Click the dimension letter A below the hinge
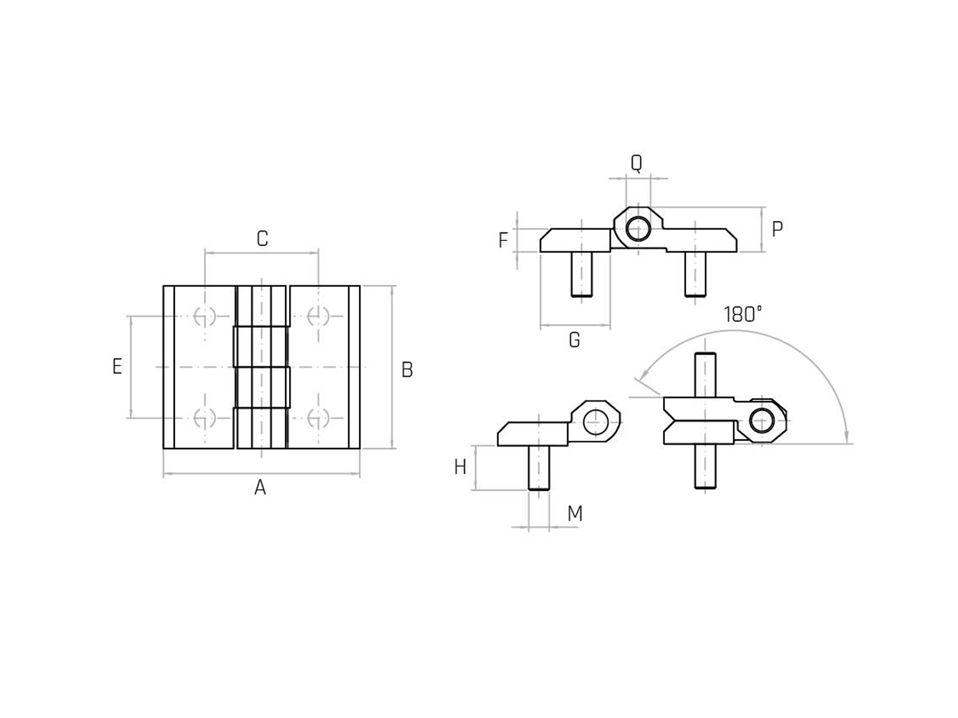[x=260, y=488]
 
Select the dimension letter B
[x=407, y=370]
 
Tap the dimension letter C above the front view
[x=262, y=238]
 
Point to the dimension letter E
[x=117, y=367]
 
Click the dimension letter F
[x=503, y=240]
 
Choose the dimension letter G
[x=575, y=340]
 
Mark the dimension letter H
[x=460, y=468]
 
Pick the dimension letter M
[x=575, y=513]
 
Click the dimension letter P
[x=777, y=229]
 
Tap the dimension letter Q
[x=636, y=163]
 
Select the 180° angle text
[x=742, y=314]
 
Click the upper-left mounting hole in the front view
[x=205, y=316]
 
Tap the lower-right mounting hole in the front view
[x=318, y=418]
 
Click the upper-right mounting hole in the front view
[x=318, y=316]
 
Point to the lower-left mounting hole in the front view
[x=205, y=418]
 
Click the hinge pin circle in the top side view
[x=638, y=229]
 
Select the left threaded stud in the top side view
[x=582, y=274]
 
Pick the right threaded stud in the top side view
[x=695, y=274]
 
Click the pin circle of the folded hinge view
[x=762, y=421]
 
